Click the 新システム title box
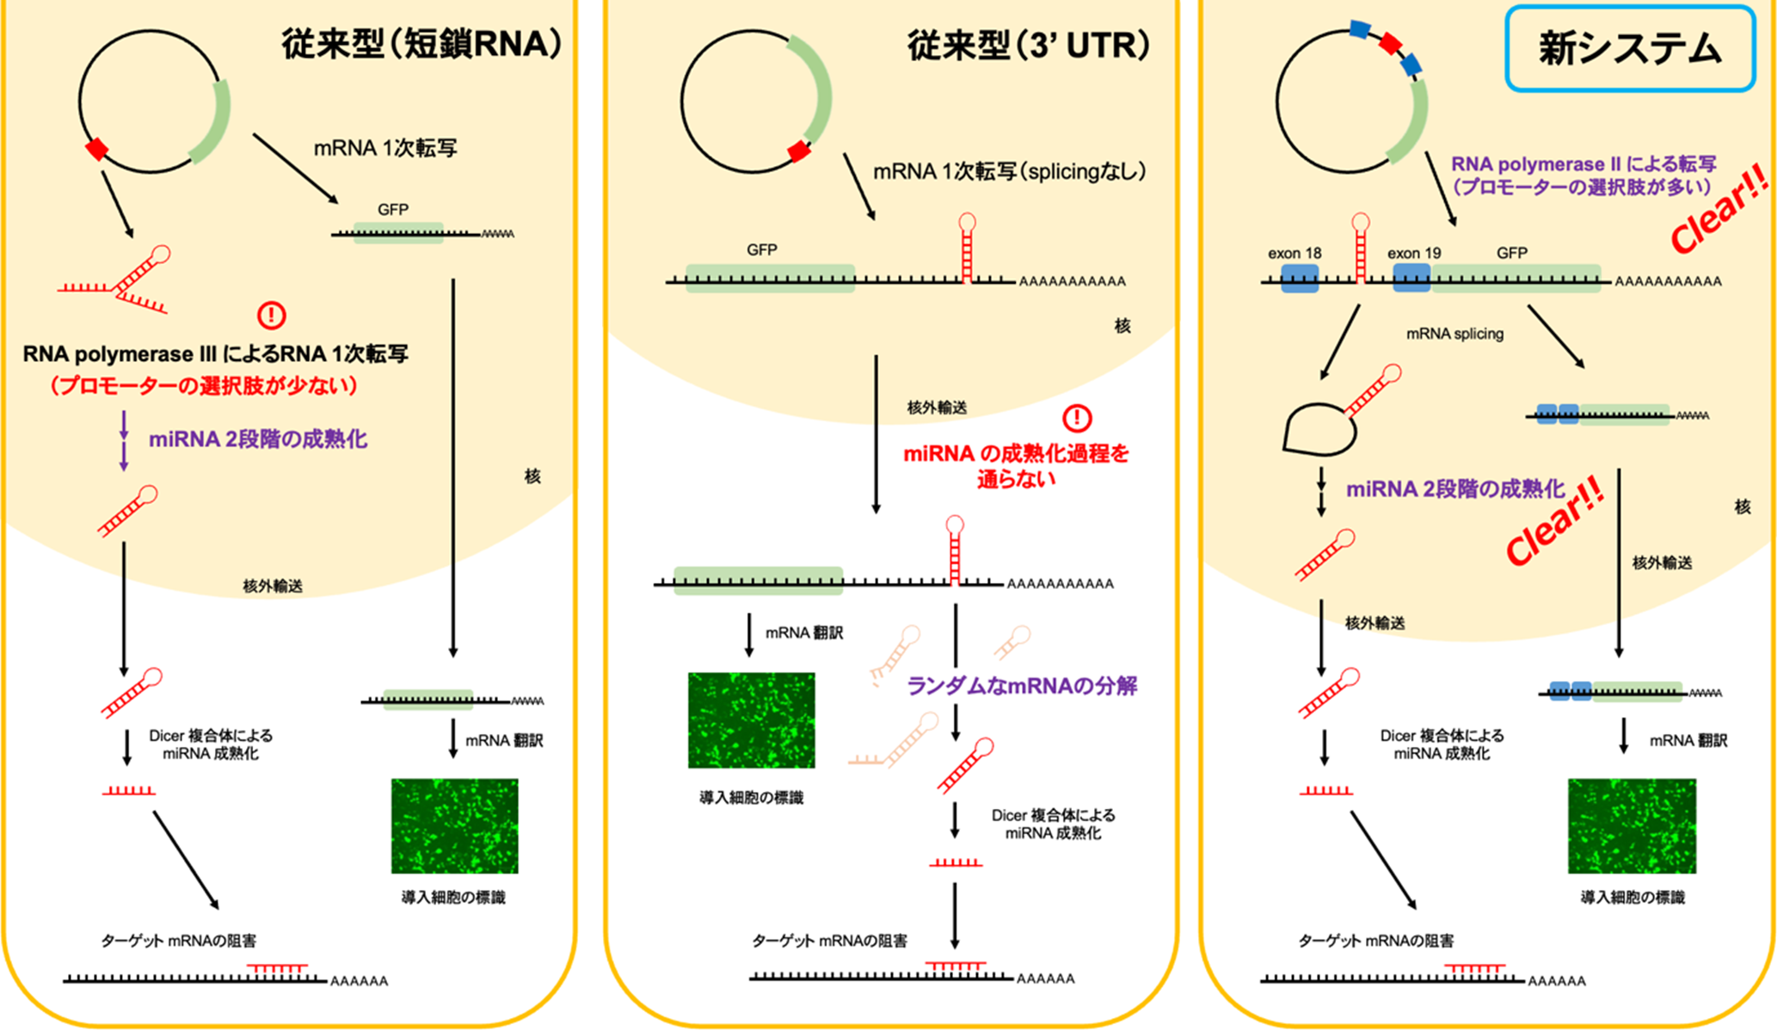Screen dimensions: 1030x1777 pyautogui.click(x=1629, y=48)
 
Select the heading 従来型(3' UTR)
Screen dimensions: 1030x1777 pyautogui.click(x=1029, y=45)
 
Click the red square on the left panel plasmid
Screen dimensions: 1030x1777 pyautogui.click(x=96, y=150)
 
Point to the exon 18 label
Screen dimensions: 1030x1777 pyautogui.click(x=1294, y=253)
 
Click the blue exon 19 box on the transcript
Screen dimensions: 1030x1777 pyautogui.click(x=1411, y=278)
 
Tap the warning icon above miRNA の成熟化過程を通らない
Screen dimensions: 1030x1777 pyautogui.click(x=1077, y=419)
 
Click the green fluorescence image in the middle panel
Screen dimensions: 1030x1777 pyautogui.click(x=751, y=720)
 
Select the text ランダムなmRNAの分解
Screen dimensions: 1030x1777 pyautogui.click(x=1022, y=685)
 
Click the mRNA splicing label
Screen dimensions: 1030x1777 pyautogui.click(x=1454, y=334)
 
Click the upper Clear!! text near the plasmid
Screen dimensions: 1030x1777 pyautogui.click(x=1719, y=211)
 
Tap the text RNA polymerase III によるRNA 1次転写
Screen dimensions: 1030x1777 pyautogui.click(x=215, y=354)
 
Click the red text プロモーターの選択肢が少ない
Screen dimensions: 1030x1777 pyautogui.click(x=203, y=385)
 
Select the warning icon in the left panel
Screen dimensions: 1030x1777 pyautogui.click(x=272, y=315)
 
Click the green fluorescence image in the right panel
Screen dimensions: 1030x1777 pyautogui.click(x=1632, y=825)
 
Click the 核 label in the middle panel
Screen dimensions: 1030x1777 pyautogui.click(x=1122, y=326)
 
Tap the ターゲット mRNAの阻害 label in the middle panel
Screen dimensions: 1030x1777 pyautogui.click(x=829, y=941)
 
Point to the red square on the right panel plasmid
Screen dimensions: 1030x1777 pyautogui.click(x=1390, y=43)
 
